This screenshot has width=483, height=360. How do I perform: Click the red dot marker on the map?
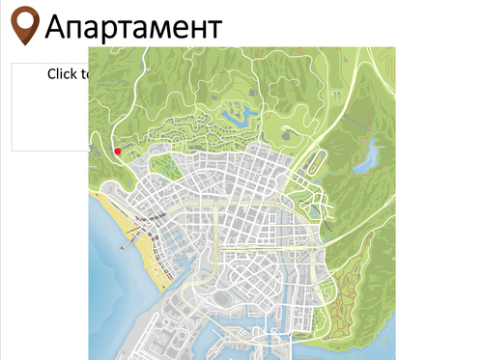coord(117,151)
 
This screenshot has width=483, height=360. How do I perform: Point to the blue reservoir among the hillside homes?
coord(233,118)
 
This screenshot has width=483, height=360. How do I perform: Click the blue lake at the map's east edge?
coord(366,159)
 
